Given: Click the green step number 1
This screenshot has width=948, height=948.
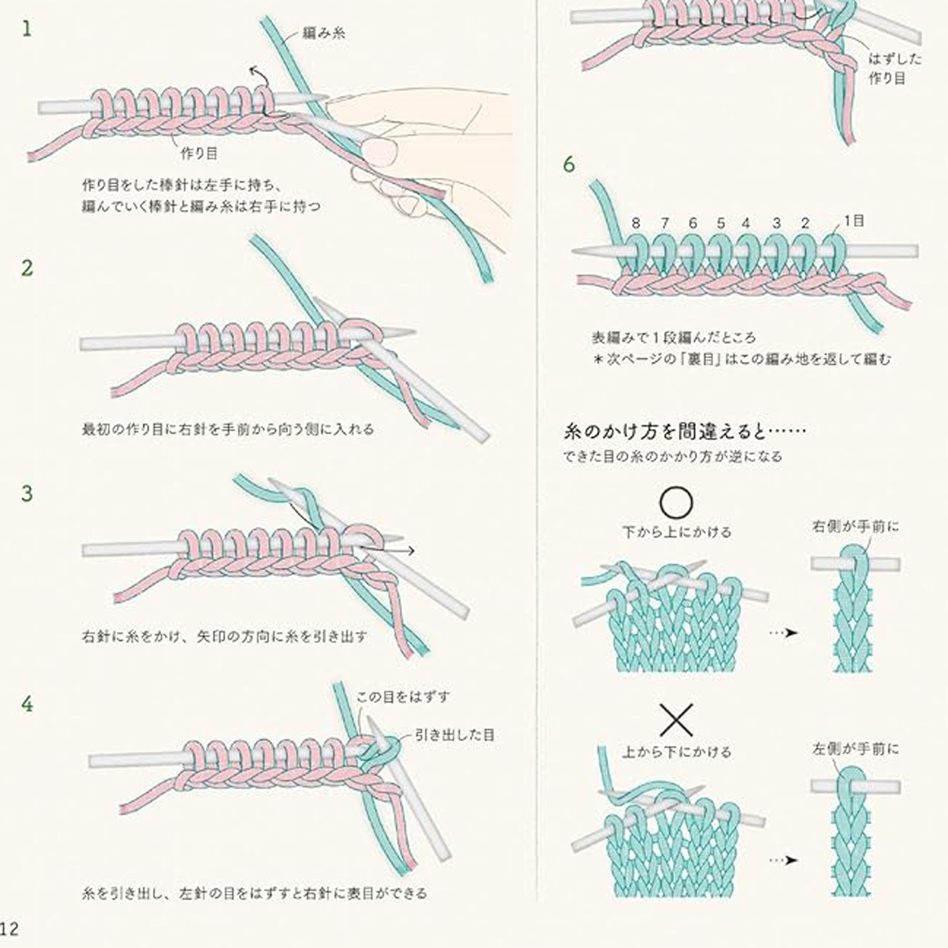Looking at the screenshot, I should pos(26,29).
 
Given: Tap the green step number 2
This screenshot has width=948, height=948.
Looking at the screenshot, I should pos(27,268).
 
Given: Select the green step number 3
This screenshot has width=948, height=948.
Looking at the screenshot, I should pos(27,494).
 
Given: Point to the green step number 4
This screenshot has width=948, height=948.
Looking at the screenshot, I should pos(27,704).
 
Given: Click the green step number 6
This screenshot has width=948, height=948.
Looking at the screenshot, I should pos(569,165).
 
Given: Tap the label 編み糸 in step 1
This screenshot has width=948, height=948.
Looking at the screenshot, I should pos(324,33).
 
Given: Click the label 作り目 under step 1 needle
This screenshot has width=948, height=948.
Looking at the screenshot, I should pos(199,154).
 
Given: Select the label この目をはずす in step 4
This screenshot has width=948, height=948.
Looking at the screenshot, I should pos(403,697).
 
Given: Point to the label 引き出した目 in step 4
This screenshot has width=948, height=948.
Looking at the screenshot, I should pos(454,735).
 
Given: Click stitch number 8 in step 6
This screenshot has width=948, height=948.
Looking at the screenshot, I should pos(636,223).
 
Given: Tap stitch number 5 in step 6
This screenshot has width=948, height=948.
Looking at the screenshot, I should pos(720,223).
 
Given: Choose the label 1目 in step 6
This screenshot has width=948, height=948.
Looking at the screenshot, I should pos(853,221).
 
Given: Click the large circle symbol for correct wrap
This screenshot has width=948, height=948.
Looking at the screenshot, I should pos(676,502).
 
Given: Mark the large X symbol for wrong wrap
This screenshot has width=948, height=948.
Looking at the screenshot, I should pos(676,720).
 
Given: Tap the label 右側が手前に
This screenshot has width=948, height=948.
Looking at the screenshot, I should pos(856,526).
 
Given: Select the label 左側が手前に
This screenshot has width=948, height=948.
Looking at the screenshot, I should pos(856,750).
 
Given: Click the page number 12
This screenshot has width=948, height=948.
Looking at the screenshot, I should pos(9,928).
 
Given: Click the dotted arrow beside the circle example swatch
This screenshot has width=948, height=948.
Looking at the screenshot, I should pos(784,633).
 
